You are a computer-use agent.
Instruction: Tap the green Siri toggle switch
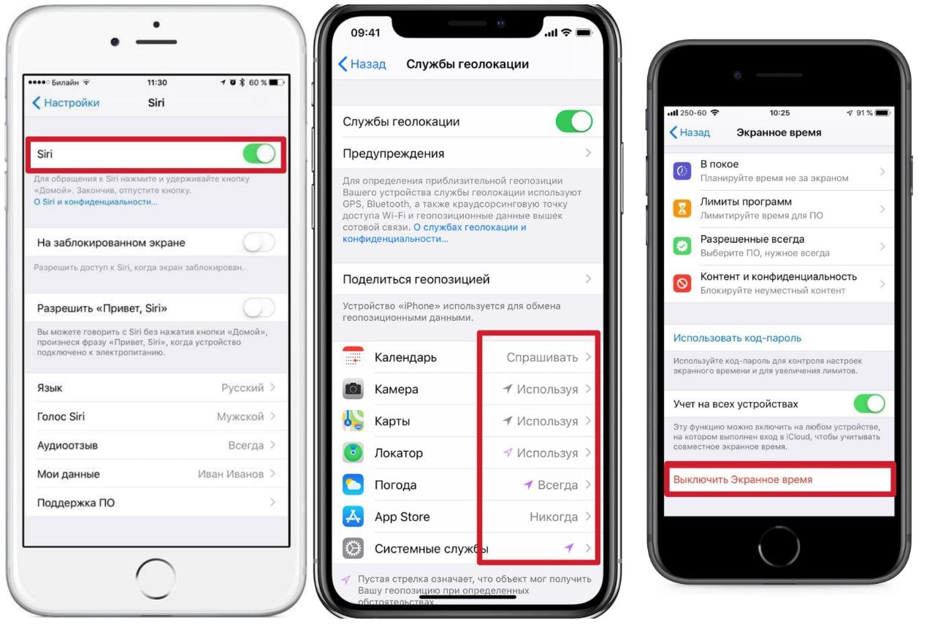259,153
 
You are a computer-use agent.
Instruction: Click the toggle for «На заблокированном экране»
259,243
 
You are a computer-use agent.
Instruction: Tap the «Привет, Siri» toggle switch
259,308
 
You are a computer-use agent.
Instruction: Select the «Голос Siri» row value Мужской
240,416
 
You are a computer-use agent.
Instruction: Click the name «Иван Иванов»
231,474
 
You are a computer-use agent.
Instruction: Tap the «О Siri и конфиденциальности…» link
96,202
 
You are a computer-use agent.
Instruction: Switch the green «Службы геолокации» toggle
574,121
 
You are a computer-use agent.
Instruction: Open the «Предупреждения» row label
393,153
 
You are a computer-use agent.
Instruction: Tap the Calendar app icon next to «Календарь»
353,357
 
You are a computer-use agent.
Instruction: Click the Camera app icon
353,389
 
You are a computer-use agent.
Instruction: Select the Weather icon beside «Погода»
353,484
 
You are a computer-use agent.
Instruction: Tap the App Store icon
353,517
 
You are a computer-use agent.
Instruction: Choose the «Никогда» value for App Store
554,517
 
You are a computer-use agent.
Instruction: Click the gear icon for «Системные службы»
353,549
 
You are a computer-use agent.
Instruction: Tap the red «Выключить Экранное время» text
743,479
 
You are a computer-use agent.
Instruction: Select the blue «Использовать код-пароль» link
737,338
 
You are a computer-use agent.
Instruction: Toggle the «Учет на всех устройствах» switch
869,404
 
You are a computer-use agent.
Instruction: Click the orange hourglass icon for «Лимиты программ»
682,208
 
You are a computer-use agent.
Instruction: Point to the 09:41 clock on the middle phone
365,33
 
